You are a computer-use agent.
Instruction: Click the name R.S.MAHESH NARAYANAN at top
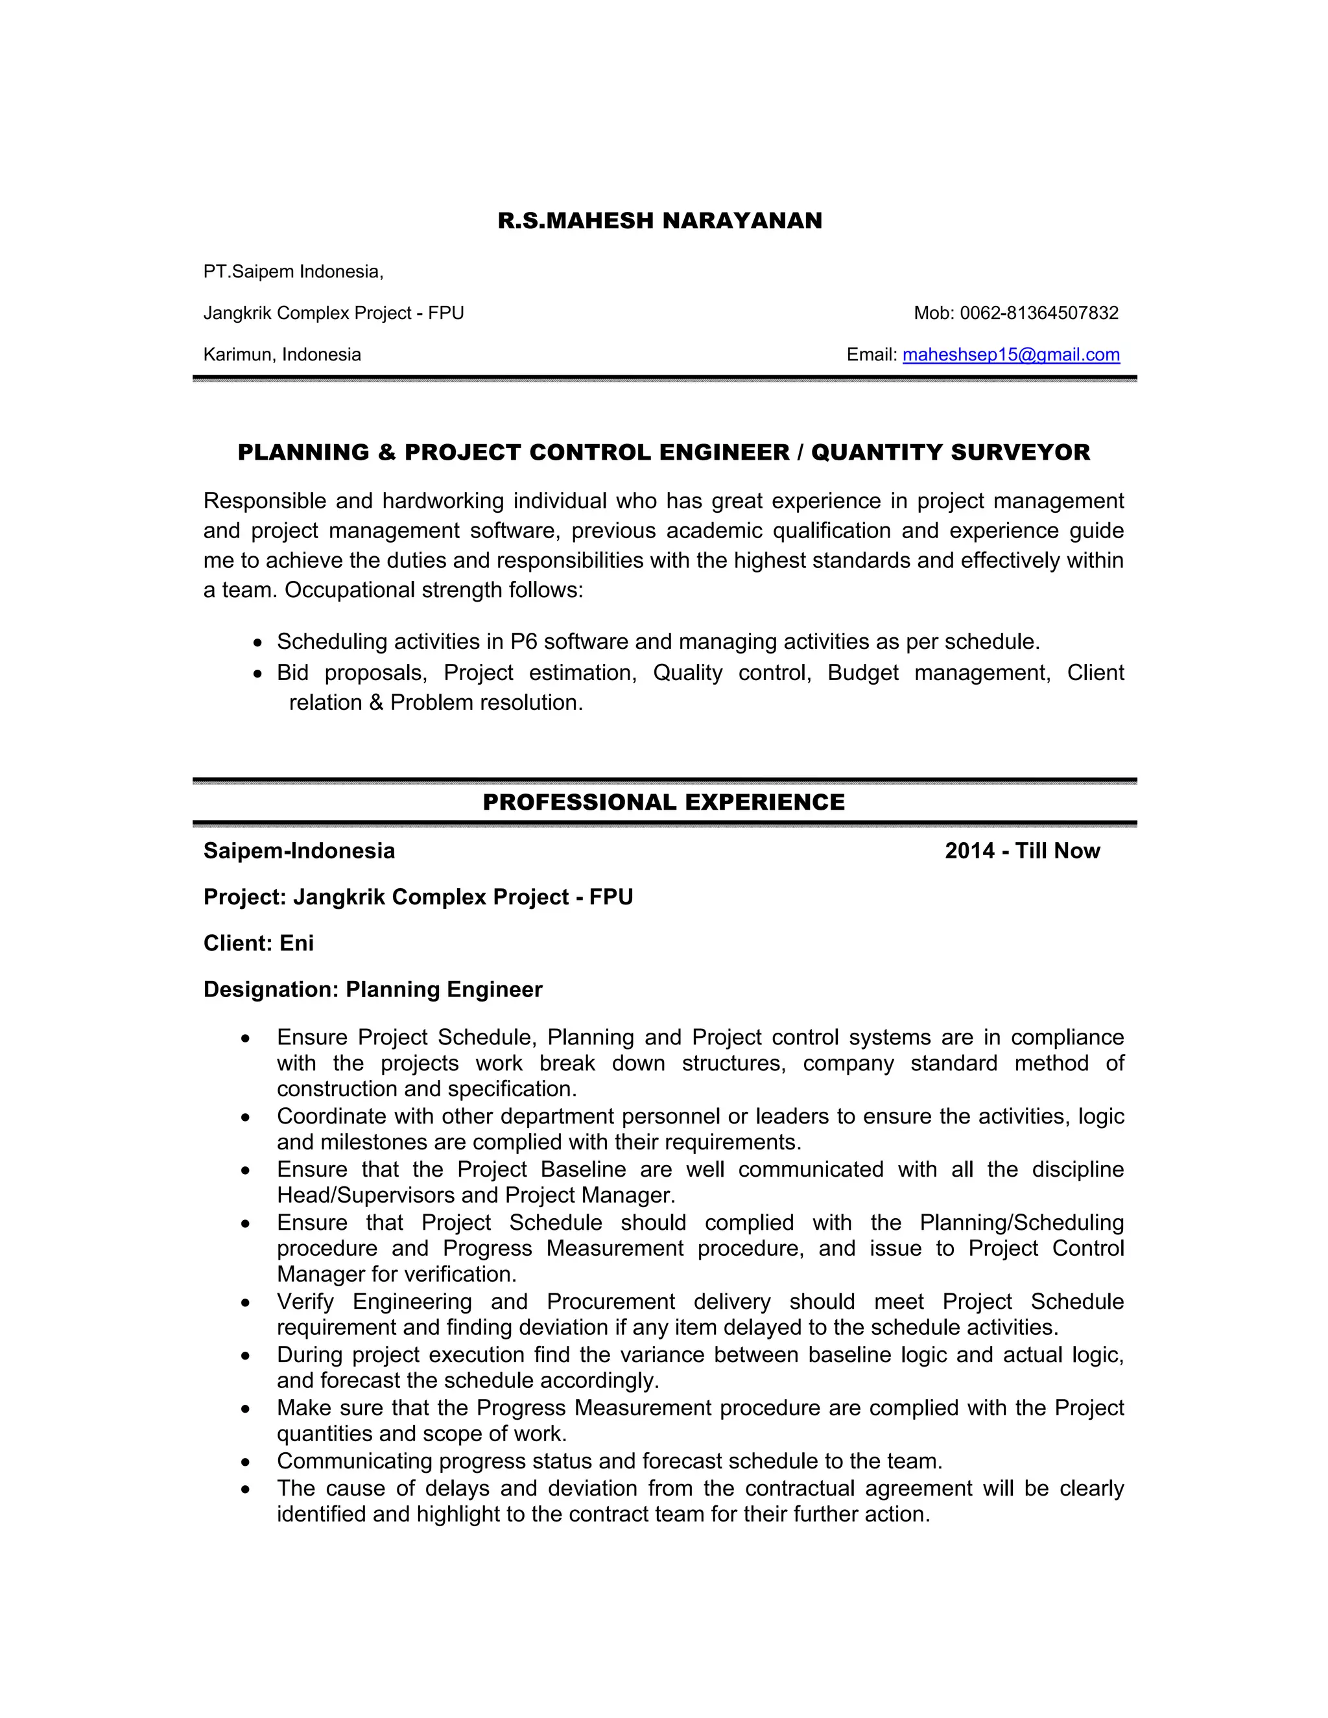[659, 220]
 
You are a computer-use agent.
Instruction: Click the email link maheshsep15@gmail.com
[1010, 355]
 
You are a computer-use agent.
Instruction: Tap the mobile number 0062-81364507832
[1039, 313]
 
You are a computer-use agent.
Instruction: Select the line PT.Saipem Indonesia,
[292, 272]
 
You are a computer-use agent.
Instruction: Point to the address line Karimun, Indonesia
[281, 355]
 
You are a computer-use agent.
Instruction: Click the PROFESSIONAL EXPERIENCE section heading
[663, 803]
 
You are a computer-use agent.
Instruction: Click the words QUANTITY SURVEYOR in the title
[951, 453]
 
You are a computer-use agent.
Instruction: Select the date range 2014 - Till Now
[1021, 851]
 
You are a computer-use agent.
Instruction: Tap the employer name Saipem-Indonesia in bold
[299, 851]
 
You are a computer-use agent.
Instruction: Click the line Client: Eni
[258, 943]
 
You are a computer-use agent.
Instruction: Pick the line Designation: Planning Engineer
[372, 989]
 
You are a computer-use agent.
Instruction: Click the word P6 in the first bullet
[523, 642]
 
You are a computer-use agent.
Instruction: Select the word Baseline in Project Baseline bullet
[583, 1170]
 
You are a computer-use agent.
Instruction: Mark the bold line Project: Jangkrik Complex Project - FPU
[418, 897]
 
